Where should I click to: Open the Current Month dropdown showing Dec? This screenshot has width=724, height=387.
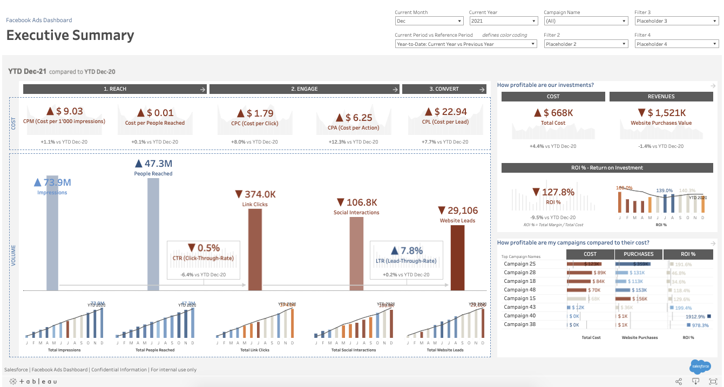429,21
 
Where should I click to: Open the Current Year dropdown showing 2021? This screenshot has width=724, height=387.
503,21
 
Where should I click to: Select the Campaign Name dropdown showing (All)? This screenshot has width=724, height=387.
586,21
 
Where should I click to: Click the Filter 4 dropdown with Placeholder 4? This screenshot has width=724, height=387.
676,44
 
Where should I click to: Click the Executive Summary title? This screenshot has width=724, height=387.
70,36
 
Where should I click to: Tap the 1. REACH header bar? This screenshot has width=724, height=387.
114,89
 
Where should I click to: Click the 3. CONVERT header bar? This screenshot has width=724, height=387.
444,89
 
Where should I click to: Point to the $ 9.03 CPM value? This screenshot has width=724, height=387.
64,112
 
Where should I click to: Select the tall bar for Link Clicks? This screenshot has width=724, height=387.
255,249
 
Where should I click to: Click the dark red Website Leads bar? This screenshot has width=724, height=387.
457,257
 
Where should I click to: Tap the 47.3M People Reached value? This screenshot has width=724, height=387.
153,164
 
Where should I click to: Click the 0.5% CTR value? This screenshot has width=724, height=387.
204,248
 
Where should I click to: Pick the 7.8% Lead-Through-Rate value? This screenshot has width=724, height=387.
407,251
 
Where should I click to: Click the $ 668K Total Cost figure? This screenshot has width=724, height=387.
553,113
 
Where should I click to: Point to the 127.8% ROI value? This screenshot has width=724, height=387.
553,192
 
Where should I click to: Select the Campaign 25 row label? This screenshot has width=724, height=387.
519,264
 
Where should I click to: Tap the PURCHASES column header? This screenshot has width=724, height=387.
638,254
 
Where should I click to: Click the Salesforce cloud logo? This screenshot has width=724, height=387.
700,366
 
